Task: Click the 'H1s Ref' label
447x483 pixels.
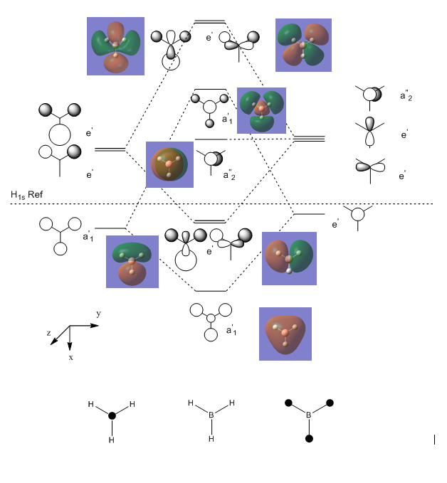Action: (26, 195)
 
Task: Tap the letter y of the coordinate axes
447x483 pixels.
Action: (98, 314)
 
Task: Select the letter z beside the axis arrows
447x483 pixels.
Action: (48, 333)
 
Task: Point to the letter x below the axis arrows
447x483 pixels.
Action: (71, 357)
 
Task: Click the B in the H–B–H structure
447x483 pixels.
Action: (211, 415)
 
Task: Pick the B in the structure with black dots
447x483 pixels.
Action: (309, 415)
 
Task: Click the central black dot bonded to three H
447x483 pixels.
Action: (112, 415)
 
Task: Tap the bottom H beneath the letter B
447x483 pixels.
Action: (211, 439)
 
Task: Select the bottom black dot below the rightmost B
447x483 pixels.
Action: (309, 438)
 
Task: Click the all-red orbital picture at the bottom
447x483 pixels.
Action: (285, 334)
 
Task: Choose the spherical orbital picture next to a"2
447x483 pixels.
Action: (169, 164)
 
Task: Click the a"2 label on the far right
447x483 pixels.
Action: (406, 96)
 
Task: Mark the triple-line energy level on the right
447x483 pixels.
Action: (309, 139)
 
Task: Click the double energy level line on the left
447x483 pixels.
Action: (110, 149)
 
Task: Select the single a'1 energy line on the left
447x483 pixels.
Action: (110, 228)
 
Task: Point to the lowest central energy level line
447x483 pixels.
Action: (211, 291)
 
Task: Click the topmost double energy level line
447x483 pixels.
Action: (210, 21)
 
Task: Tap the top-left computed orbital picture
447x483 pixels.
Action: (115, 46)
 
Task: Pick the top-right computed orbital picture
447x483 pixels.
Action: (303, 45)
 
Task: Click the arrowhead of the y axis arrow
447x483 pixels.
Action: (95, 325)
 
